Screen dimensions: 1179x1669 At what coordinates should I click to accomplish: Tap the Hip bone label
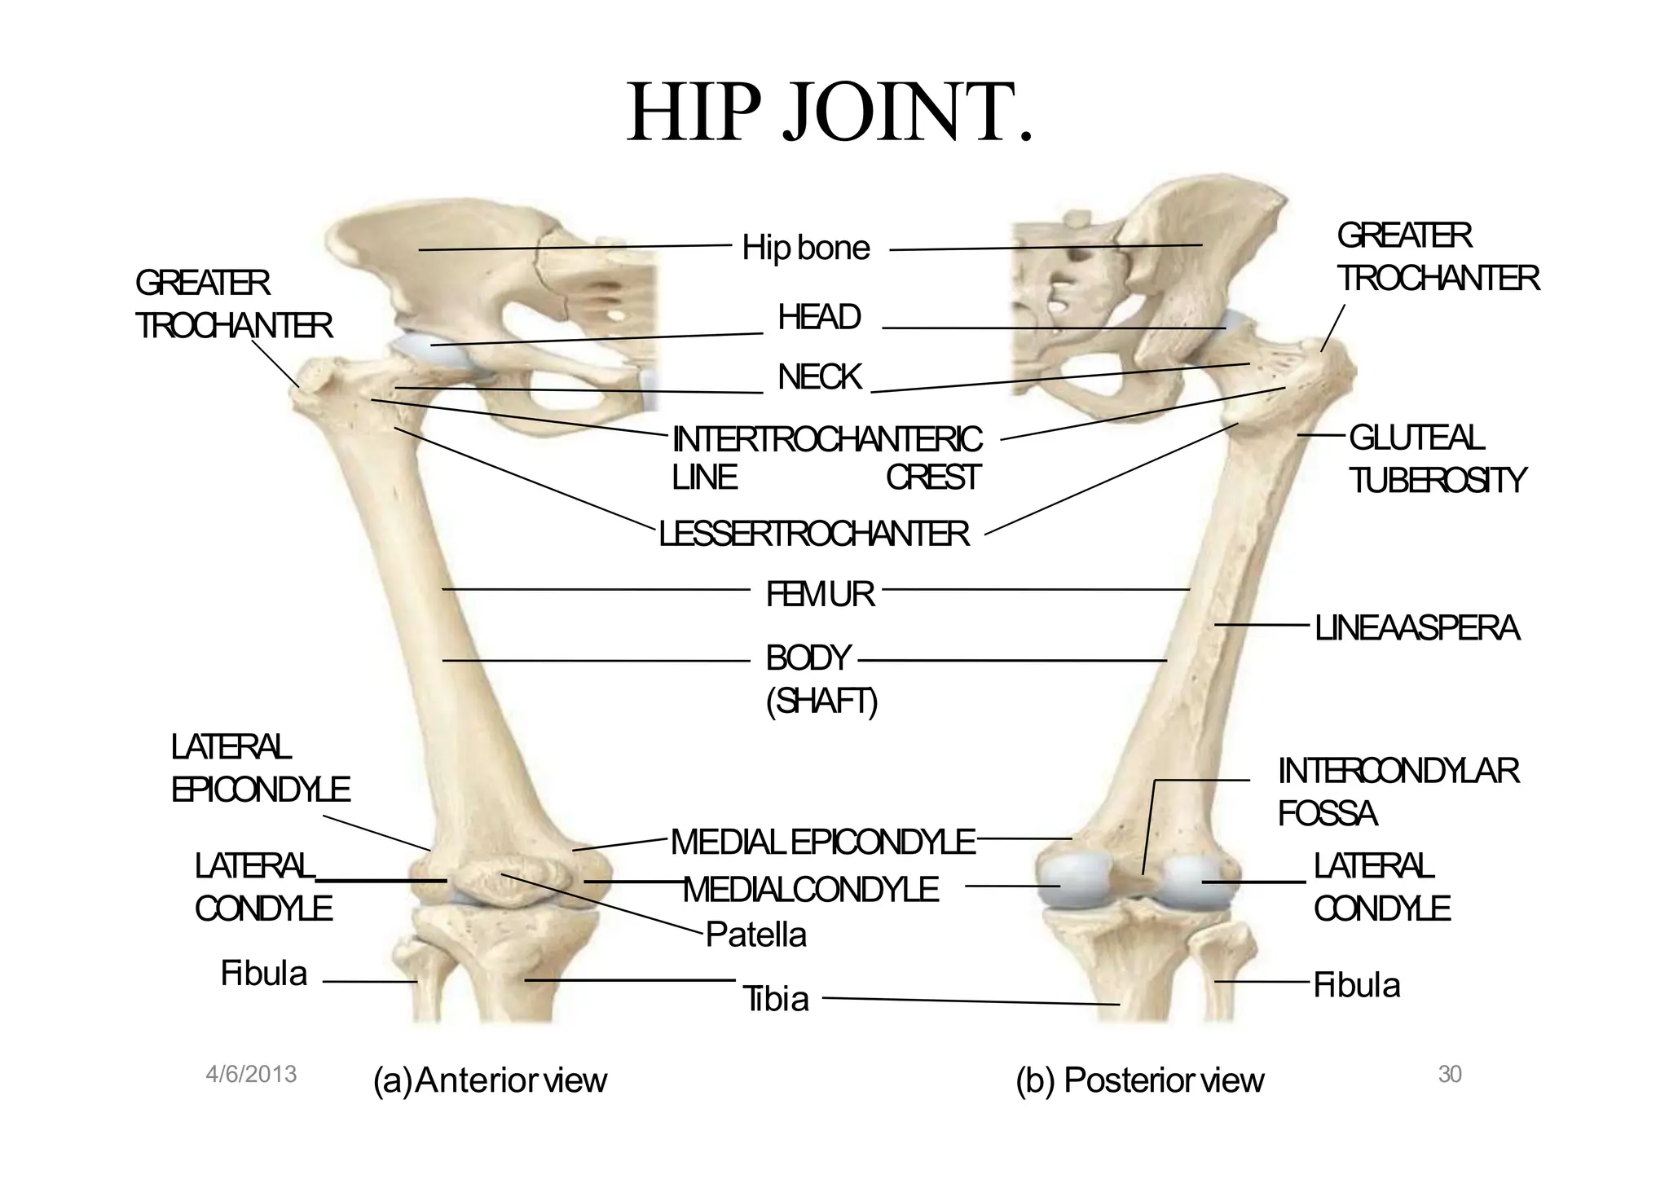(805, 248)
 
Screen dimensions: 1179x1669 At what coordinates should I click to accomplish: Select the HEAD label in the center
(819, 317)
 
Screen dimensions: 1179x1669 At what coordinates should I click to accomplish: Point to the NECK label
(819, 377)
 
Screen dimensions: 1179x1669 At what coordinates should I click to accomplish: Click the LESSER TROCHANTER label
(813, 535)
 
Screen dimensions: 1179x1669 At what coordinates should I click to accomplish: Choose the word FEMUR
(820, 595)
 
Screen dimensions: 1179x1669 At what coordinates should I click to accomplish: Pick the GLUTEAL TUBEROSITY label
(1437, 460)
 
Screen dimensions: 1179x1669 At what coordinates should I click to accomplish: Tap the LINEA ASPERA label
(1417, 628)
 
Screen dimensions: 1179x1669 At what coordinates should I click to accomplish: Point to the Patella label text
(755, 935)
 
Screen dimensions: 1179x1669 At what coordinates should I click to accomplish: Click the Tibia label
(776, 999)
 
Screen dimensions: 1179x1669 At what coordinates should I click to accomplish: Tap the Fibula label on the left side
(263, 974)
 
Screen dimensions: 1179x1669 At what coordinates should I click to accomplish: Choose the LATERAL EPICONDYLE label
(260, 768)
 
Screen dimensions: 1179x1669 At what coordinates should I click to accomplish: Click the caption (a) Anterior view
(490, 1080)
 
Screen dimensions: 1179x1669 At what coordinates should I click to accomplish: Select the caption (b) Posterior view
(1139, 1080)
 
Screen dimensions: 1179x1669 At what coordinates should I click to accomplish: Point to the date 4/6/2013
(251, 1075)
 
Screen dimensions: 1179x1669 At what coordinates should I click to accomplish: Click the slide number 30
(1450, 1075)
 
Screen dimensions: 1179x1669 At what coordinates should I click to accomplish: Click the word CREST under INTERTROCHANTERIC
(933, 477)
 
